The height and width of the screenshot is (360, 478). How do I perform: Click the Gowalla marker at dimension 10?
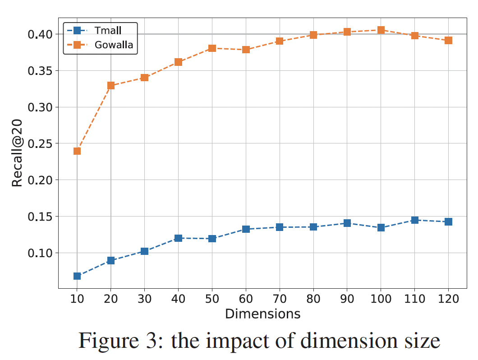77,151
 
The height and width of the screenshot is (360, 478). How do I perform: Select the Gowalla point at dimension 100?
381,30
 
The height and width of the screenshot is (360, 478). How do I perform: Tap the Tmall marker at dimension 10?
77,276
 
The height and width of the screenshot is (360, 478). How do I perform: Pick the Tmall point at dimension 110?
414,220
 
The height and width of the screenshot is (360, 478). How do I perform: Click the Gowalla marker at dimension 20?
111,86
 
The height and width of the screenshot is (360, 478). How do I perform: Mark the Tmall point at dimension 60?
246,229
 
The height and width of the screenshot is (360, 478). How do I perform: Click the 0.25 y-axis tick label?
41,144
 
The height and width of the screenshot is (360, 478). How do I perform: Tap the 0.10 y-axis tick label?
41,253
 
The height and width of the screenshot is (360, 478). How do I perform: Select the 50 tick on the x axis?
212,299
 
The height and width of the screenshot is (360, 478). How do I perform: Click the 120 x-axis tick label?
448,299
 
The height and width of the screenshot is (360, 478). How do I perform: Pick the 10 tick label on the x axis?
77,299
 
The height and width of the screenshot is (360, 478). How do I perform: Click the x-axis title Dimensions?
262,314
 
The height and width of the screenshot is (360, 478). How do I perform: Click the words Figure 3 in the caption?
119,341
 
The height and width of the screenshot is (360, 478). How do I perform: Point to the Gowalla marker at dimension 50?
212,48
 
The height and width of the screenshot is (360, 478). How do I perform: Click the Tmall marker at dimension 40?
178,238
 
